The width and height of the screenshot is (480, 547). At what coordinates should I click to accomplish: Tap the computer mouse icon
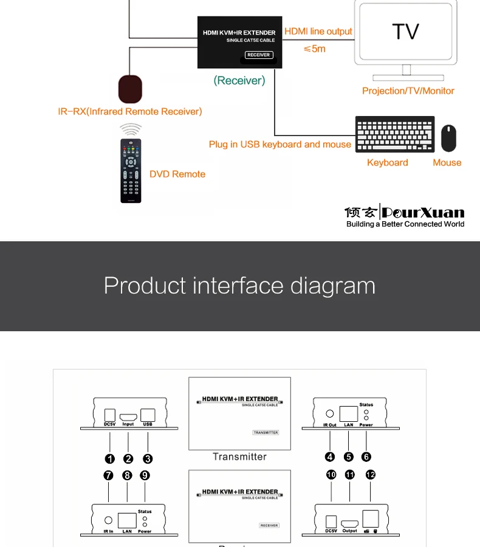click(x=448, y=139)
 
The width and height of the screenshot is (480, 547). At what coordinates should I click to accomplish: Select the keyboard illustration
click(x=395, y=134)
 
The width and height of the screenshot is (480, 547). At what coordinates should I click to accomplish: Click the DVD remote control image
click(x=131, y=171)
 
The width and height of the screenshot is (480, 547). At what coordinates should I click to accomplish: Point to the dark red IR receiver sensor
click(x=130, y=89)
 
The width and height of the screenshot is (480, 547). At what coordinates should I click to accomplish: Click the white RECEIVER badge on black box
click(x=259, y=55)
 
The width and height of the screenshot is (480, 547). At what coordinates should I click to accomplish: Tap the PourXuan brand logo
click(x=404, y=213)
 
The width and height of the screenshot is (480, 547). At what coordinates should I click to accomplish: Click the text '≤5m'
click(x=314, y=49)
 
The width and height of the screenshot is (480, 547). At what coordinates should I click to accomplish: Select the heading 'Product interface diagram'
click(x=239, y=285)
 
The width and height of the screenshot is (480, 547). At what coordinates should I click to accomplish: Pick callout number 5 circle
click(x=348, y=457)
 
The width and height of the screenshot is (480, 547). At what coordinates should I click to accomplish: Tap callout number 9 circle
click(x=145, y=475)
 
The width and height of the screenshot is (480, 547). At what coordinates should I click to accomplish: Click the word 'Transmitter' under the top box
click(x=239, y=456)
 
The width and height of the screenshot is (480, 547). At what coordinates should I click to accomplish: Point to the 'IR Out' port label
click(x=329, y=425)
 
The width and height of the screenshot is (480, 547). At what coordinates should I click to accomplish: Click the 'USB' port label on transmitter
click(x=148, y=424)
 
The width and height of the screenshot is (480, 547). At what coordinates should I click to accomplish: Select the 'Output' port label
click(x=349, y=531)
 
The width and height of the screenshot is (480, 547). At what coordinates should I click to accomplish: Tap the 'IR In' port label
click(x=108, y=531)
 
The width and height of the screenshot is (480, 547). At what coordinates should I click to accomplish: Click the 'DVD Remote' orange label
click(x=177, y=174)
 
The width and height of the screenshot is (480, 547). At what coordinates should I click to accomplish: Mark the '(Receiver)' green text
click(x=239, y=80)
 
